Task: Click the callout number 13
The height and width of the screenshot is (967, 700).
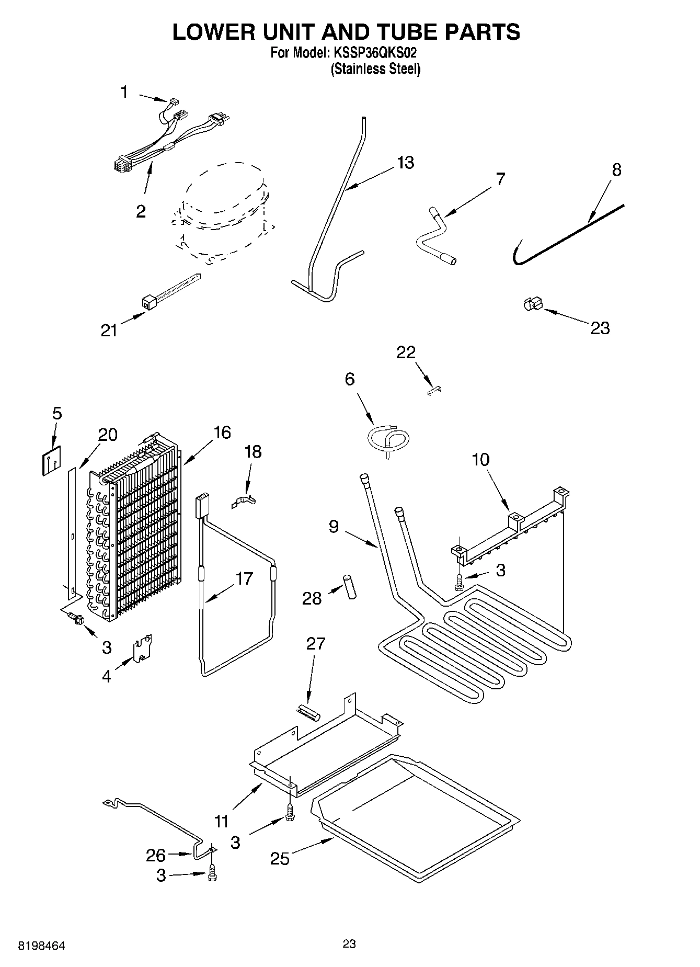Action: pos(405,163)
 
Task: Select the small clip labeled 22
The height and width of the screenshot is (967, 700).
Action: pos(434,391)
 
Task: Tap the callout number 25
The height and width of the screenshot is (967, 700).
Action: pos(280,858)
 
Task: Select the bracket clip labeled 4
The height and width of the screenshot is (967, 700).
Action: pos(142,648)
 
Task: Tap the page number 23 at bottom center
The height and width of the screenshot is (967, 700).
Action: pos(349,943)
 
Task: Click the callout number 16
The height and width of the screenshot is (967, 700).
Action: pos(222,433)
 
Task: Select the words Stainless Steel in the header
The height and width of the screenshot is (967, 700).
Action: pos(375,69)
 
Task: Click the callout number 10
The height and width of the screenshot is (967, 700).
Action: pos(480,460)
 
